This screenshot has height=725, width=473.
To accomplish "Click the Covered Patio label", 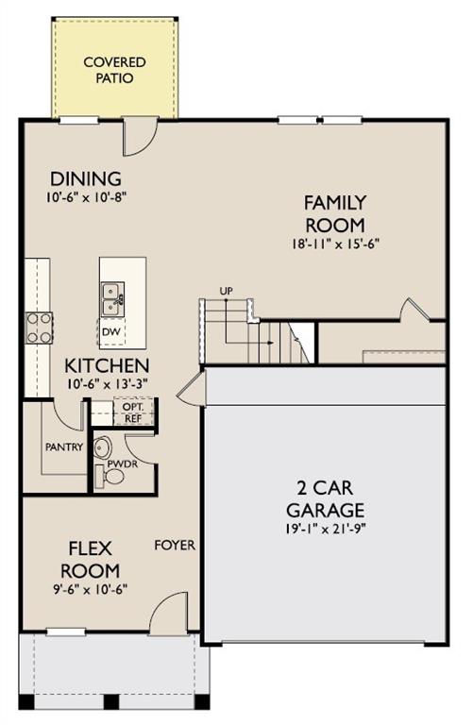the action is [x=114, y=70].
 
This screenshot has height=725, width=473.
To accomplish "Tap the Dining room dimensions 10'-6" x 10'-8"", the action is [x=86, y=197].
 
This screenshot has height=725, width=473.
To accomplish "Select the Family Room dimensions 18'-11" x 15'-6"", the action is [x=335, y=244].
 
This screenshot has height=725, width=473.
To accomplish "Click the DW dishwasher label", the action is [x=111, y=331].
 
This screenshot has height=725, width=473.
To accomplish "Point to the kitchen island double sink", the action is [x=112, y=299].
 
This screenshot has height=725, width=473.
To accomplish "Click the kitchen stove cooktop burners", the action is [x=39, y=328].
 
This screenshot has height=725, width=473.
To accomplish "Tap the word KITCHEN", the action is [x=107, y=365].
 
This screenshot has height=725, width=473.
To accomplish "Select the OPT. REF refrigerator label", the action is [x=133, y=413].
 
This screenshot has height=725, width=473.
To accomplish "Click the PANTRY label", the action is [x=64, y=447].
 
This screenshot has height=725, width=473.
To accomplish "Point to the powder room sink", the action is [x=102, y=447].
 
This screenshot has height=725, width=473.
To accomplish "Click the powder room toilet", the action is [x=110, y=476].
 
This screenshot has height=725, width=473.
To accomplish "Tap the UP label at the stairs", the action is [x=226, y=291].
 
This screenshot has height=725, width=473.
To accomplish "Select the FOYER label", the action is [x=175, y=545].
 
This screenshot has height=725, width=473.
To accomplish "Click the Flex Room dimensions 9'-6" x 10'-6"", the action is [x=90, y=589].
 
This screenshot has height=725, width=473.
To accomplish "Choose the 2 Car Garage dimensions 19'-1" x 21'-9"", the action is [x=326, y=529].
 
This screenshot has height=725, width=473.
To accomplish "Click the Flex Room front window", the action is [x=66, y=632].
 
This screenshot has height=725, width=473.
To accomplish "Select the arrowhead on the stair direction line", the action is [x=270, y=343].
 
